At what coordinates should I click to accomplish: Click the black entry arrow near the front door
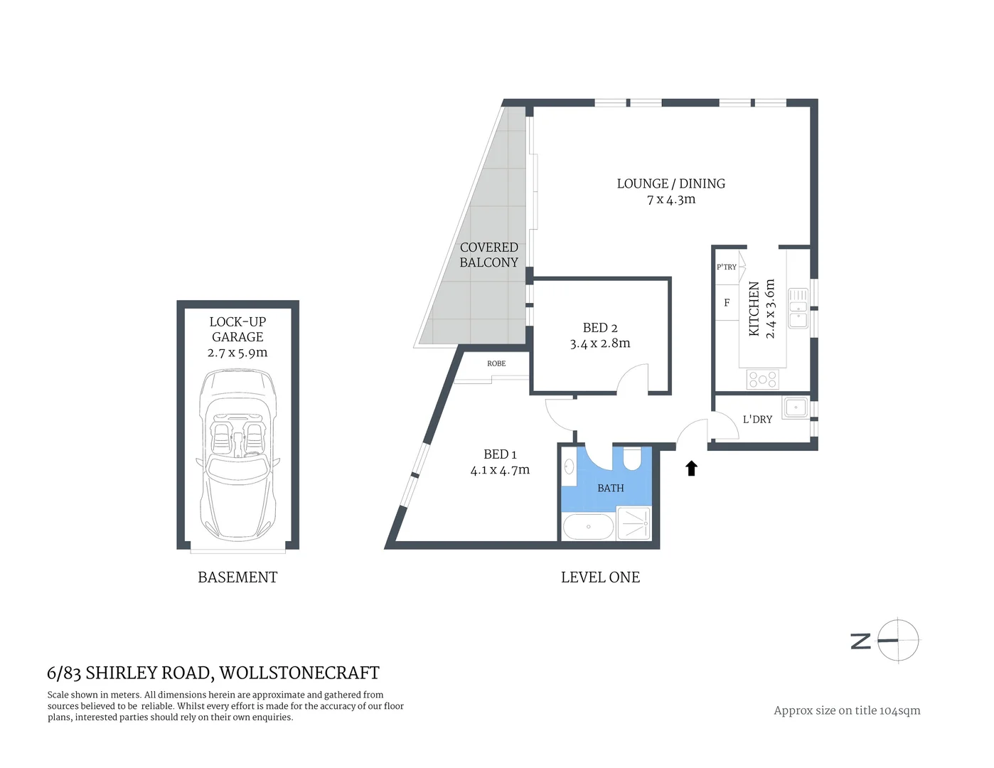coord(691,468)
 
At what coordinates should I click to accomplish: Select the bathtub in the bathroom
coord(588,527)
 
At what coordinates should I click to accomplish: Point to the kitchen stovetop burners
coord(762,379)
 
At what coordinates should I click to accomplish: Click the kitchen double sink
coord(798,307)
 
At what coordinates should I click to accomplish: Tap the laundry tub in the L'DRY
coord(796,407)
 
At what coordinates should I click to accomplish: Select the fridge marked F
coord(727,303)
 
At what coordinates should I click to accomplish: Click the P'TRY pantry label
coord(727,267)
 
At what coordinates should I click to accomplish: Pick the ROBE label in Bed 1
coord(496,363)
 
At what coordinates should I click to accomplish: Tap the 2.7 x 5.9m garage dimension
coord(237,353)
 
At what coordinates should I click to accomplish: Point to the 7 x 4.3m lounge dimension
coord(671,200)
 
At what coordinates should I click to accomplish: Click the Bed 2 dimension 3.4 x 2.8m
coord(600,343)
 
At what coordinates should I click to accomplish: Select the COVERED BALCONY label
coord(488,255)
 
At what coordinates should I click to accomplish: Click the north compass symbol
coord(897,640)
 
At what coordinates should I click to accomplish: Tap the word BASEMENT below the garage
coord(237,577)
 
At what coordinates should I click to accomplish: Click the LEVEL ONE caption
coord(600,577)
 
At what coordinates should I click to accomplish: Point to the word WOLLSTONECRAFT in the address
coord(299,673)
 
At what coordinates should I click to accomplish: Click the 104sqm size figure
coord(899,710)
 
